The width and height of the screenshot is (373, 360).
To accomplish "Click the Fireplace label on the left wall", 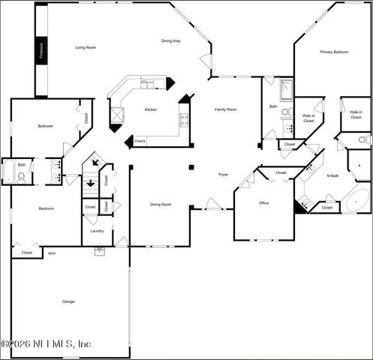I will point(41,50).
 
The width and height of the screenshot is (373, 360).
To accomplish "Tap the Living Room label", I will point(86,47).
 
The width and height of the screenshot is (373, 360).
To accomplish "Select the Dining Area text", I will point(171,40).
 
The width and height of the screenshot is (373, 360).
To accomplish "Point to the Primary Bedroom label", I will point(334,52).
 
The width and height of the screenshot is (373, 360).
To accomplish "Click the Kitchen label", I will point(151,110).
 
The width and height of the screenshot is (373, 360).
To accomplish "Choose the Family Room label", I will point(226,109).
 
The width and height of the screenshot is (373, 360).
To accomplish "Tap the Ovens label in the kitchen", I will point(140,140).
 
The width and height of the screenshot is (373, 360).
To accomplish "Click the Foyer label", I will point(223,174).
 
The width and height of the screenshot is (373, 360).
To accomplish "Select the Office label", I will point(263,202).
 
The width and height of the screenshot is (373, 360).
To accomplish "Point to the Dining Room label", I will point(161,204).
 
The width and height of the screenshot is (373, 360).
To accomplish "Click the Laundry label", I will point(97,231).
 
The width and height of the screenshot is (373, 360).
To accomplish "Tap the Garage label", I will point(68,301).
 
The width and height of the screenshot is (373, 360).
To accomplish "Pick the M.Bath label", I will point(334,175).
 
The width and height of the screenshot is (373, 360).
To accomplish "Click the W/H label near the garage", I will point(52,253).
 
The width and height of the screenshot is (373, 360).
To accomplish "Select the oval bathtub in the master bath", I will point(357,201).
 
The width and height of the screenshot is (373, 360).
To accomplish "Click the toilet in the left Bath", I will point(21,177).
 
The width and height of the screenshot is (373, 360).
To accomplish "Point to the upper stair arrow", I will point(95,162).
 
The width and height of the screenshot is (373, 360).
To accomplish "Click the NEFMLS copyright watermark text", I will point(47,343).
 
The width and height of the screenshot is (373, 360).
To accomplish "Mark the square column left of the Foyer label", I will point(191,166).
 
